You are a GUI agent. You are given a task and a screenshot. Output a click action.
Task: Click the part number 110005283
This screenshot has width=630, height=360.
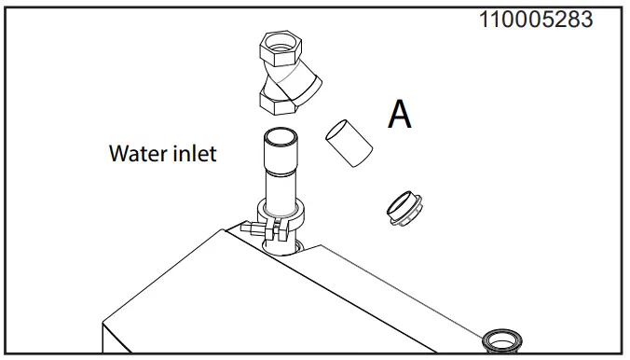536,20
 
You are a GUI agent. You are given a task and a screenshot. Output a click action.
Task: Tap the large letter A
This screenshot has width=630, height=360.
400,114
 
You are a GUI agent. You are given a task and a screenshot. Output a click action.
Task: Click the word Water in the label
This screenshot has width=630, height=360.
137,152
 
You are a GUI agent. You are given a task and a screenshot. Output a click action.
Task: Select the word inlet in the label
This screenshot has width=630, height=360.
193,152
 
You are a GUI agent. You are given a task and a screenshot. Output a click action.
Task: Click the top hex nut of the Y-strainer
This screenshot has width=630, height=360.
279,47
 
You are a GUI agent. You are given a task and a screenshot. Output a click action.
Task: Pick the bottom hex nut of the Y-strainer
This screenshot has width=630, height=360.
277,98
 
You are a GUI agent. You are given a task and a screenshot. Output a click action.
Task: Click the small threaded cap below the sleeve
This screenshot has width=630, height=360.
404,207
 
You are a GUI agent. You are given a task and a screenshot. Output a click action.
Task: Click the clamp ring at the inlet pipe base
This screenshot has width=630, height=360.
282,220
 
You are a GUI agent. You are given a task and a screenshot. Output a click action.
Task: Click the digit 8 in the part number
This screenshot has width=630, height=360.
570,20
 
